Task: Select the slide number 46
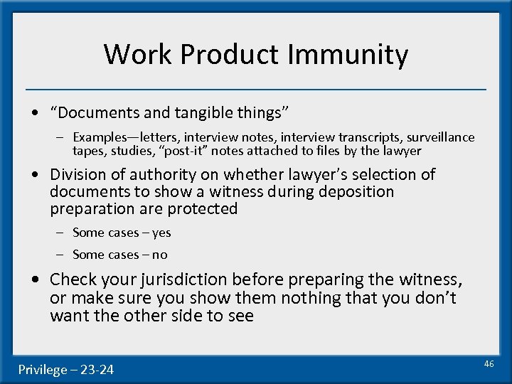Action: [489, 363]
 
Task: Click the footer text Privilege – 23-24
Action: [65, 369]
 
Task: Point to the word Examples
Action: [100, 137]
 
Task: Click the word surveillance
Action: [440, 137]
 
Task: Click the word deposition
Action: [360, 191]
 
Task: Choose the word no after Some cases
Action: [159, 255]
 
